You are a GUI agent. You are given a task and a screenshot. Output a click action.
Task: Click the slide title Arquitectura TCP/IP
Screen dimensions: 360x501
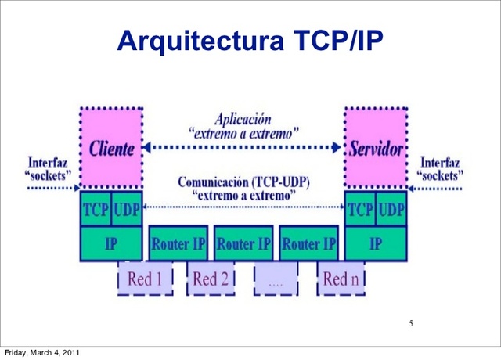[250, 40]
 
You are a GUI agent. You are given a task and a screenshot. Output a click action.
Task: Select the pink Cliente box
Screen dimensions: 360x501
[111, 148]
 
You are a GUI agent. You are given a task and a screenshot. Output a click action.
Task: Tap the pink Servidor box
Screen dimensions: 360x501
[376, 148]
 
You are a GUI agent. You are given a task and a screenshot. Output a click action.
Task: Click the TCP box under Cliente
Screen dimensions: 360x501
[96, 210]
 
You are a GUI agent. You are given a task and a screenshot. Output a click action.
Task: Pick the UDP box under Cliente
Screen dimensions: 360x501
[126, 210]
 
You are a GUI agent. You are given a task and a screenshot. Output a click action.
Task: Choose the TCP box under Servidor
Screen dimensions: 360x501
[360, 210]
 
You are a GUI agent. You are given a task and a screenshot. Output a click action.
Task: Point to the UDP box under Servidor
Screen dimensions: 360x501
[391, 210]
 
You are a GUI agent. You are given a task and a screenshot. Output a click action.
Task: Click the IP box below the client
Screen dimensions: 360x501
[111, 243]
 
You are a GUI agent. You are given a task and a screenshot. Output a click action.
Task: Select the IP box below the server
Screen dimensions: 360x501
[376, 243]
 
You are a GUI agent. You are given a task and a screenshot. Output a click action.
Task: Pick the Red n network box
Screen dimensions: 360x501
[341, 278]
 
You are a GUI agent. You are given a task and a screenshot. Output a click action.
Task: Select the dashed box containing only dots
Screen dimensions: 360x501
[276, 279]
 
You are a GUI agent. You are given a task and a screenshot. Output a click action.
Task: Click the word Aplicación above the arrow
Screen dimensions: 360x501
[243, 120]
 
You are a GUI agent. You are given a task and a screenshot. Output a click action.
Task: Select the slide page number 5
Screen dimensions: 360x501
[410, 324]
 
